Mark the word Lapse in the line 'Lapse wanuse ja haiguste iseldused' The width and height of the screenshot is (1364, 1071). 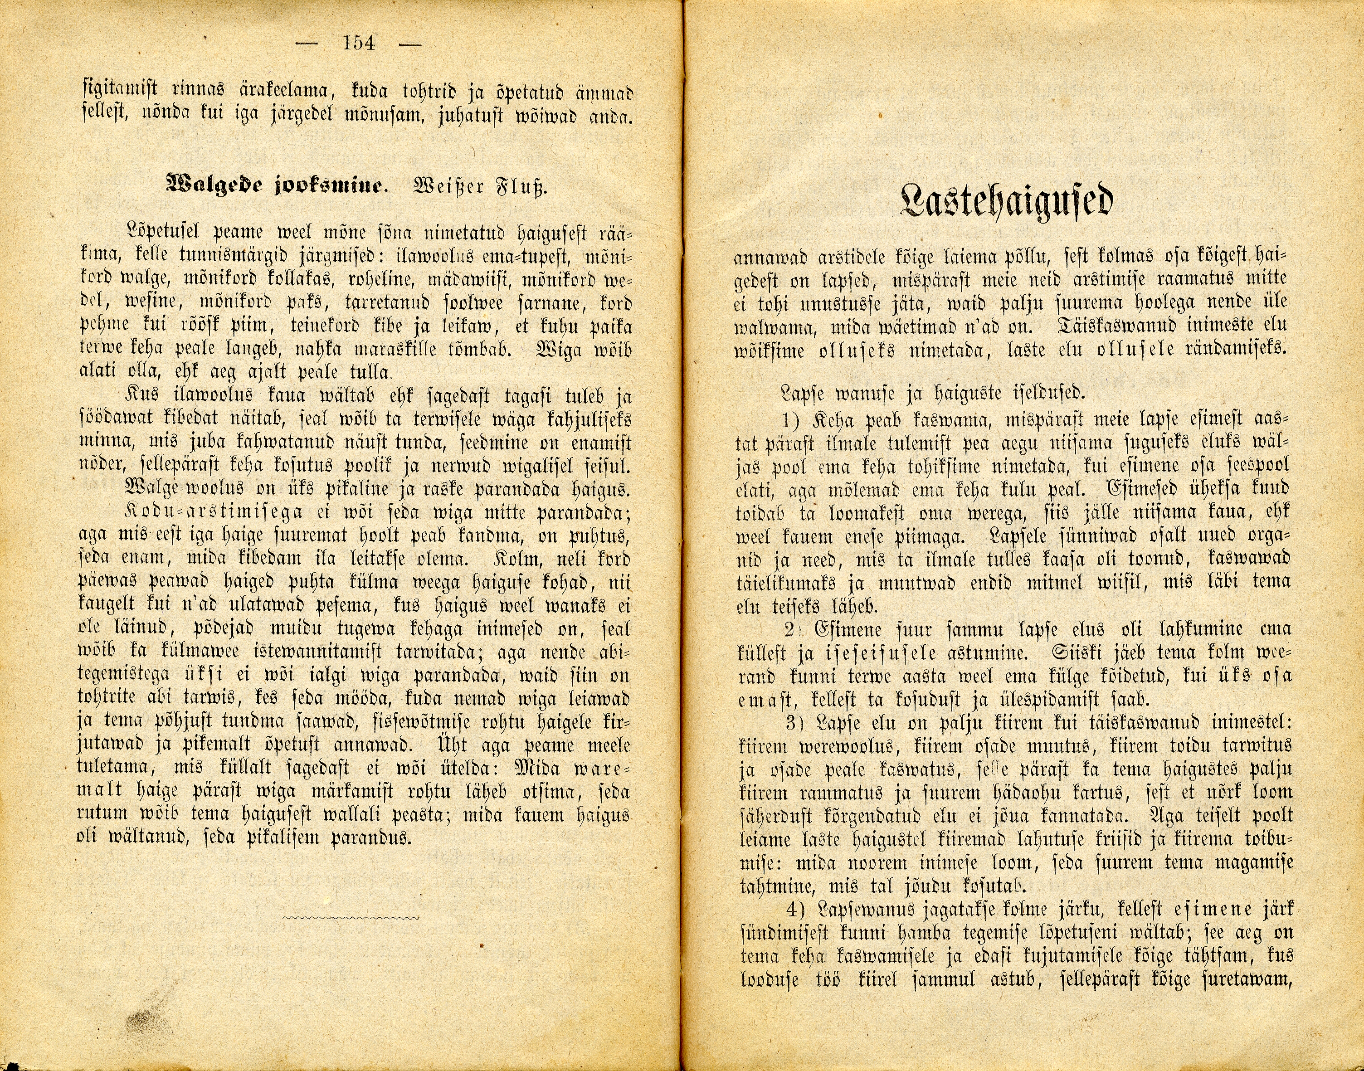801,393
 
